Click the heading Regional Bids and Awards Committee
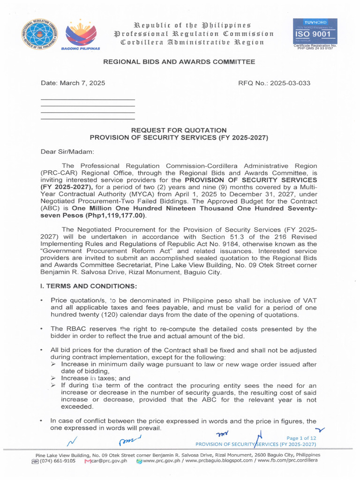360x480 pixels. (179, 62)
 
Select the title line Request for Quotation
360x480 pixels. (179, 130)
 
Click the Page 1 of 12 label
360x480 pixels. (301, 438)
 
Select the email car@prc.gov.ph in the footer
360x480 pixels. (109, 461)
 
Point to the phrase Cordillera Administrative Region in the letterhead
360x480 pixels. (192, 43)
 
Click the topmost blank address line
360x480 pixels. (88, 100)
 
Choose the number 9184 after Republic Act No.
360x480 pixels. (234, 244)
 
